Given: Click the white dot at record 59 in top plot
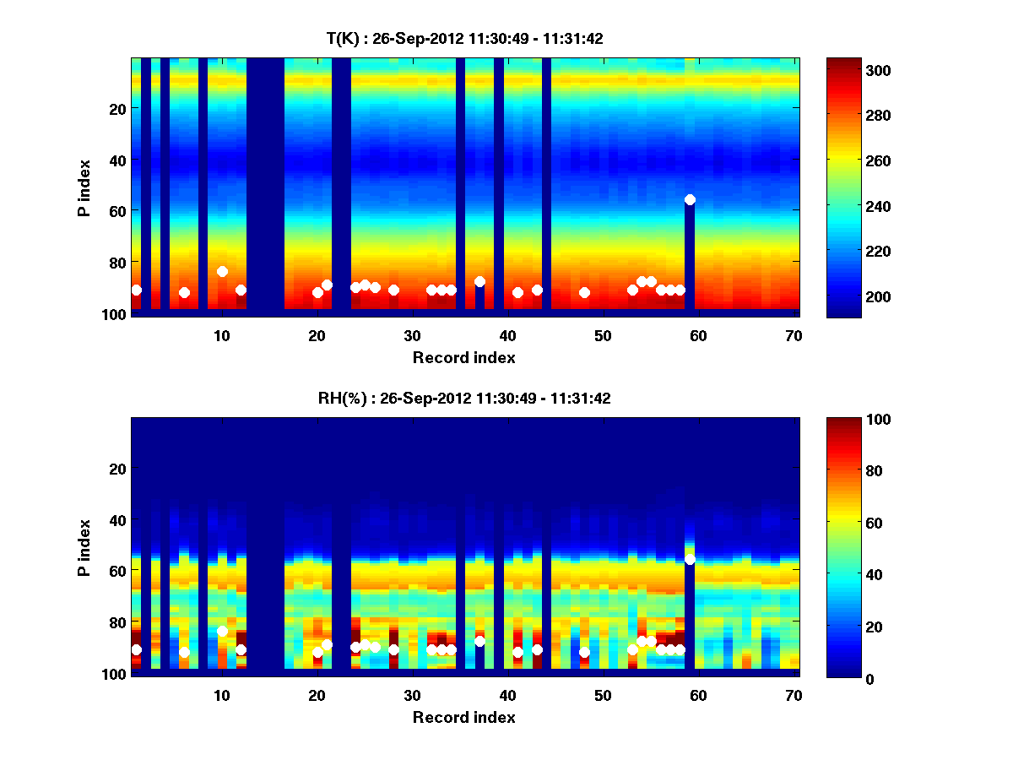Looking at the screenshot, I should (x=690, y=199).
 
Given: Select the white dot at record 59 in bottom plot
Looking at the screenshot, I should (x=690, y=559).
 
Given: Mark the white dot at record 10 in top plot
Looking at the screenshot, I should (x=222, y=271).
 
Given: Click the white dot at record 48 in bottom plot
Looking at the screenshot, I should (x=584, y=652).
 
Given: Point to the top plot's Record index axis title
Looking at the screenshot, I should (x=464, y=357).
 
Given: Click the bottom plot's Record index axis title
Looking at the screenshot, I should (x=464, y=717).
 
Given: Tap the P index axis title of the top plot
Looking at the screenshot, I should (x=84, y=187).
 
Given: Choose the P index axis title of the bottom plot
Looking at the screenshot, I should (x=84, y=547).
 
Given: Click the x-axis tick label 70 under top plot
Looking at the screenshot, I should (x=793, y=335).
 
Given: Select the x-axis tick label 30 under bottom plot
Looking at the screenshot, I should (x=412, y=695).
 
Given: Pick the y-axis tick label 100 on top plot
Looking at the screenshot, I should (x=115, y=313).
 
